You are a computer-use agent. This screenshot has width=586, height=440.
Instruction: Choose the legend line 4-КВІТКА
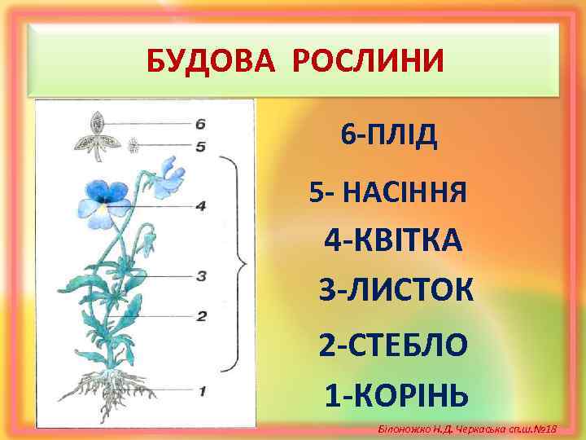click(x=393, y=240)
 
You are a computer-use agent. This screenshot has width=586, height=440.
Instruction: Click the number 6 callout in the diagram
click(x=200, y=124)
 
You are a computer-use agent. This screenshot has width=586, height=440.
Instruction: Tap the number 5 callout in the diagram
click(x=200, y=147)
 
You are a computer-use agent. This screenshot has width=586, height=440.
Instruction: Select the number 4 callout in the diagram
click(x=200, y=206)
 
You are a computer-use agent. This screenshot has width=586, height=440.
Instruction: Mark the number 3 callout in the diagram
click(x=200, y=275)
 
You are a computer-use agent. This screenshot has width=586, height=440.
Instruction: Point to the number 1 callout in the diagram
click(x=200, y=391)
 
